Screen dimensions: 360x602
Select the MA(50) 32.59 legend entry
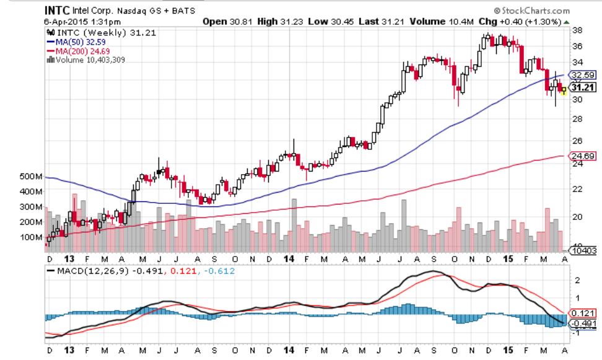click(77, 41)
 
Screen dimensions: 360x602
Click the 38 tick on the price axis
click(577, 30)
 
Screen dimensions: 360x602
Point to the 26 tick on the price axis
click(577, 140)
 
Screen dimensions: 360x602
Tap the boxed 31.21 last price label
click(582, 87)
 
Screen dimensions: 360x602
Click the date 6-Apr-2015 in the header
click(68, 21)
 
